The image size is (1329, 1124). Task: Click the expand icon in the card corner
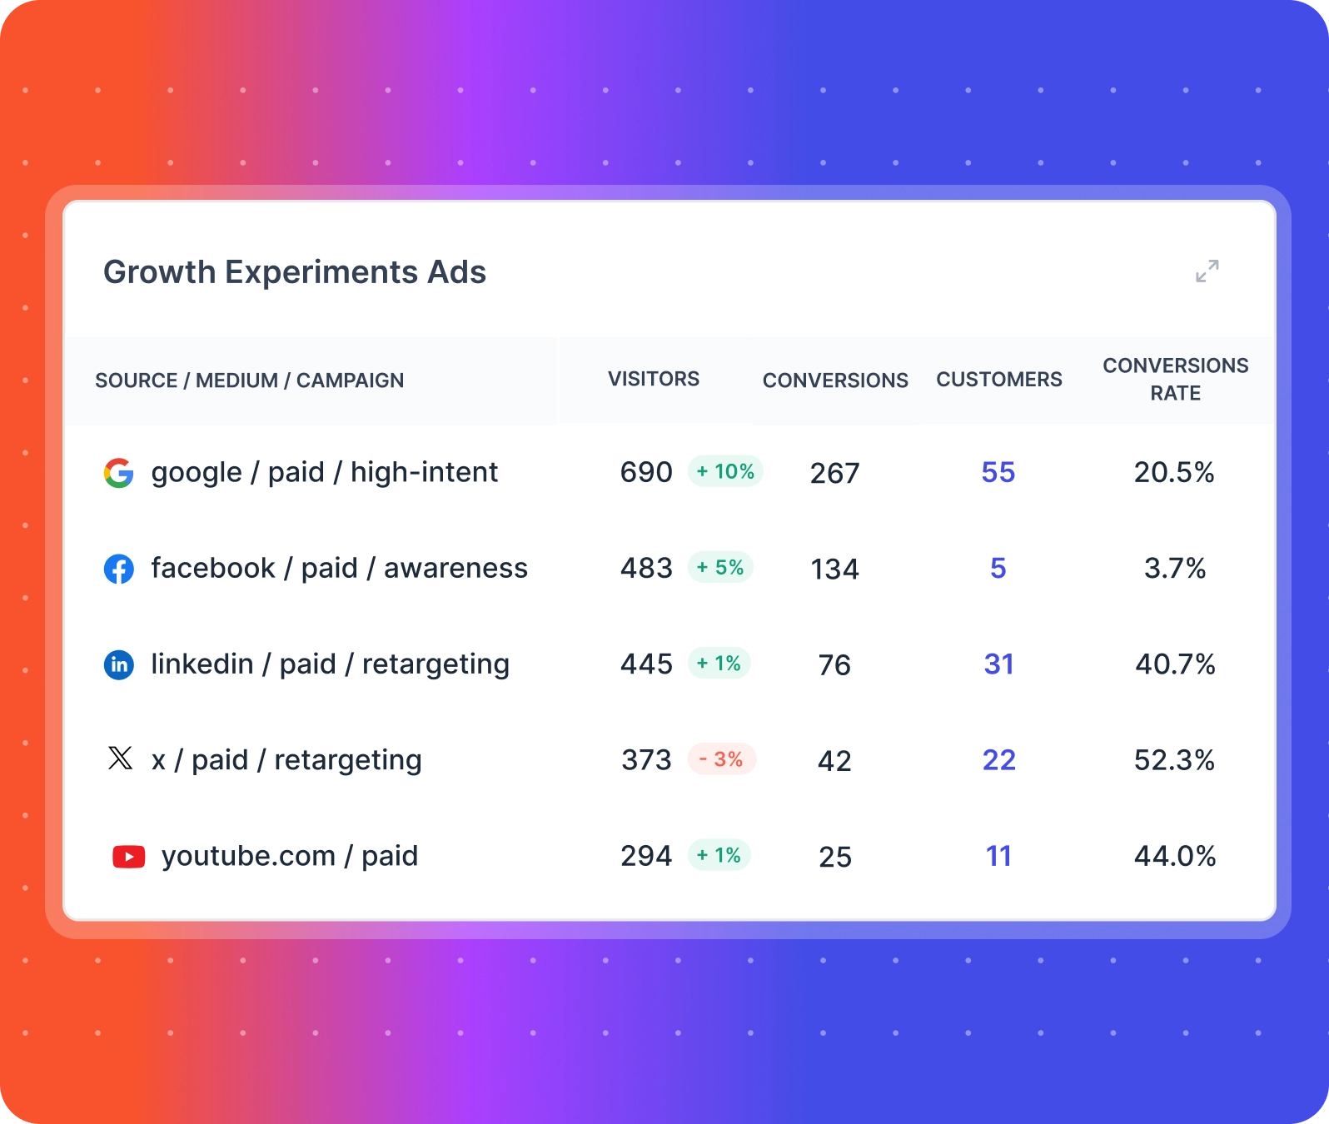pyautogui.click(x=1207, y=271)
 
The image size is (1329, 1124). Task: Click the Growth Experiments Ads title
pyautogui.click(x=294, y=272)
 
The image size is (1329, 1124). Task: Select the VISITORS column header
pyautogui.click(x=653, y=379)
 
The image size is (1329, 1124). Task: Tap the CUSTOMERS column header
pyautogui.click(x=998, y=380)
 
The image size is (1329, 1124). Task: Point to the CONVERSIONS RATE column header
pyautogui.click(x=1175, y=379)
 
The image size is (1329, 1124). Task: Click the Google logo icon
pyautogui.click(x=119, y=473)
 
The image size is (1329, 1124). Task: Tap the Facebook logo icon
pyautogui.click(x=119, y=569)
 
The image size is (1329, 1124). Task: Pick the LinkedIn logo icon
pyautogui.click(x=119, y=664)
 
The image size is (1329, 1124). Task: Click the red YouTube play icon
pyautogui.click(x=128, y=856)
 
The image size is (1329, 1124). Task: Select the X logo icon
pyautogui.click(x=120, y=758)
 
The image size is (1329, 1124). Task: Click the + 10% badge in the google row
pyautogui.click(x=725, y=471)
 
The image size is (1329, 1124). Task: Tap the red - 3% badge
pyautogui.click(x=721, y=759)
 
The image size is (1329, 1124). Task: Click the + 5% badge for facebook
pyautogui.click(x=720, y=567)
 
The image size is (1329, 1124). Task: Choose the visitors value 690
pyautogui.click(x=646, y=472)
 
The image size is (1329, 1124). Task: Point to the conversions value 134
pyautogui.click(x=834, y=569)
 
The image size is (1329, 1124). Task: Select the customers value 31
pyautogui.click(x=998, y=664)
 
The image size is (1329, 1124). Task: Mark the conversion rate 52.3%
pyautogui.click(x=1174, y=759)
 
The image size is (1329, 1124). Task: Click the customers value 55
pyautogui.click(x=998, y=472)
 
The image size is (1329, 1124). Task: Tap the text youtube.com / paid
pyautogui.click(x=289, y=856)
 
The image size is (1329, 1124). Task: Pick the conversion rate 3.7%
pyautogui.click(x=1174, y=568)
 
